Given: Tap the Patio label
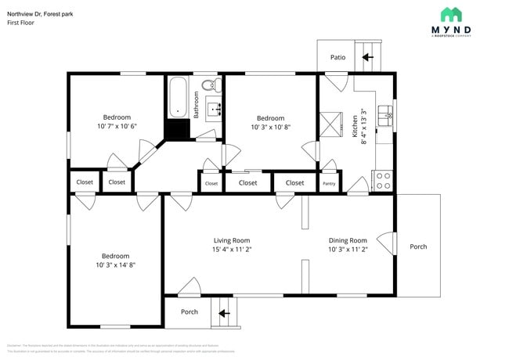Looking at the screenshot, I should point(338,57).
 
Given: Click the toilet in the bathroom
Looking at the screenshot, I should point(209,85).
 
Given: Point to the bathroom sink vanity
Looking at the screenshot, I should point(215,107).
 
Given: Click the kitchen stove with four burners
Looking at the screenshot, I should point(384,182).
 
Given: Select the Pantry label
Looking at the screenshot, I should point(330,183).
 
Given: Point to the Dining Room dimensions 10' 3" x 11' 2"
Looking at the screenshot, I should point(348,250).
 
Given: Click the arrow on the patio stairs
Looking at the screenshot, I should point(366,57).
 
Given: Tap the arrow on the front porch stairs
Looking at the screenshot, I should point(225,313).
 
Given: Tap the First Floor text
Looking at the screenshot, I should point(20,23).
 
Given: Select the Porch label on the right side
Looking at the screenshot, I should point(418,247).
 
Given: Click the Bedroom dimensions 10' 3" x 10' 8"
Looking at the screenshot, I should point(271,127).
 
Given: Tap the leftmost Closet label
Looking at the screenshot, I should point(85,182).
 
